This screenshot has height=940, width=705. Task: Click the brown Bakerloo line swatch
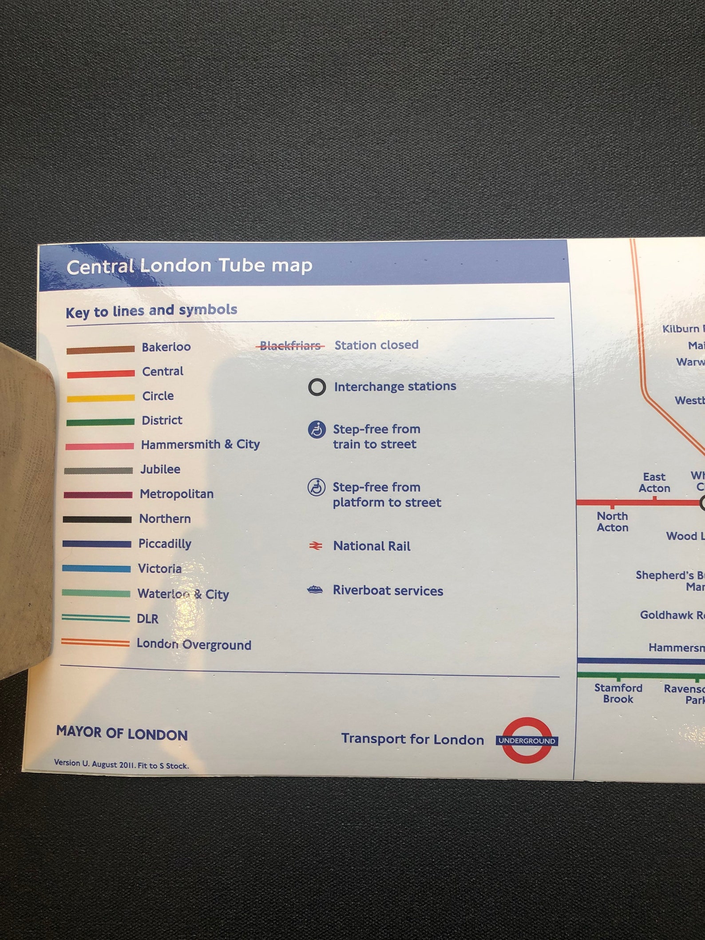click(x=100, y=349)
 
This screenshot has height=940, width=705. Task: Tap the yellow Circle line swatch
click(x=100, y=398)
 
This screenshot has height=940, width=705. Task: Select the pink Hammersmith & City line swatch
click(x=99, y=446)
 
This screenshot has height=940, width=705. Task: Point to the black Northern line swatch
click(x=97, y=519)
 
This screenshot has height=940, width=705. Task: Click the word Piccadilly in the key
click(x=165, y=543)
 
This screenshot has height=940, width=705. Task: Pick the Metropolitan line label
click(x=177, y=494)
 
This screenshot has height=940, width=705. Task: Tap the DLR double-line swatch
click(x=95, y=618)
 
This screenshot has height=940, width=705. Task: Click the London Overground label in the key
click(x=194, y=644)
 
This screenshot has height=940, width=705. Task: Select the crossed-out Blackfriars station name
click(x=290, y=345)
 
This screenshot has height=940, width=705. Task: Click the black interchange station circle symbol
click(x=317, y=387)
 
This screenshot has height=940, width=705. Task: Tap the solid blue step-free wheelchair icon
click(x=317, y=429)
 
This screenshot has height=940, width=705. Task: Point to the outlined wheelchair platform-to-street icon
click(x=317, y=487)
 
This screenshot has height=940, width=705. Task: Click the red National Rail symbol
click(x=316, y=546)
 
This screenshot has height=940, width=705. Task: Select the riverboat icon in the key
click(x=315, y=590)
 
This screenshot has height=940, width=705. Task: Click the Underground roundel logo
click(x=527, y=740)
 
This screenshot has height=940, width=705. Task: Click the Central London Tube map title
click(x=189, y=266)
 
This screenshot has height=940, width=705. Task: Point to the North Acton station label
click(x=612, y=522)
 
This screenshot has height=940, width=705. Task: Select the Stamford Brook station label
click(x=618, y=693)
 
